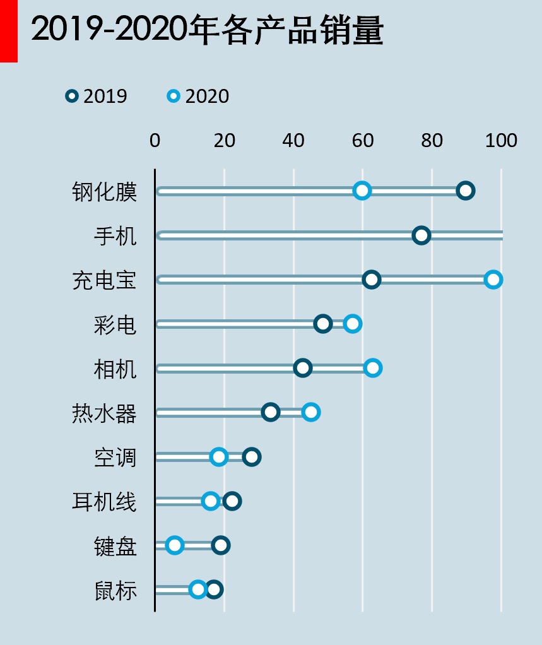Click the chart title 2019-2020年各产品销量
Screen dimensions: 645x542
coord(207,30)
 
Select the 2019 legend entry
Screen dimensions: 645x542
coord(97,97)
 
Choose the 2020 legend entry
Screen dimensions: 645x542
coord(198,97)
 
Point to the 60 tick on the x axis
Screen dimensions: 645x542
coord(363,140)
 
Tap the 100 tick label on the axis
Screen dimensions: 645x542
coord(501,140)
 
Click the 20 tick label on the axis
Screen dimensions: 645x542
coord(225,140)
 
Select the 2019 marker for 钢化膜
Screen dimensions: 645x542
coord(466,191)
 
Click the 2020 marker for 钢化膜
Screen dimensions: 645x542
coord(362,191)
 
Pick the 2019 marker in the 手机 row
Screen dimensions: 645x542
coord(421,235)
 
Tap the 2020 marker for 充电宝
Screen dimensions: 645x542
coord(493,280)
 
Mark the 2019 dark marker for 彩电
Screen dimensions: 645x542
coord(323,324)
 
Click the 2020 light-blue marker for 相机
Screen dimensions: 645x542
coord(373,368)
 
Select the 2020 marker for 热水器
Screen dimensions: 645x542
coord(310,412)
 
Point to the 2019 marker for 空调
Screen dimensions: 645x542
coord(252,457)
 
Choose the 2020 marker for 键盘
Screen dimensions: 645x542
coord(175,545)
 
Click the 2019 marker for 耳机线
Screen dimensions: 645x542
coord(232,501)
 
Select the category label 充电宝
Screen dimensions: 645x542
coord(104,281)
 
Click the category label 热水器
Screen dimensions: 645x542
coord(104,414)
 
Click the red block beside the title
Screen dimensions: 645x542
coord(8,31)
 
